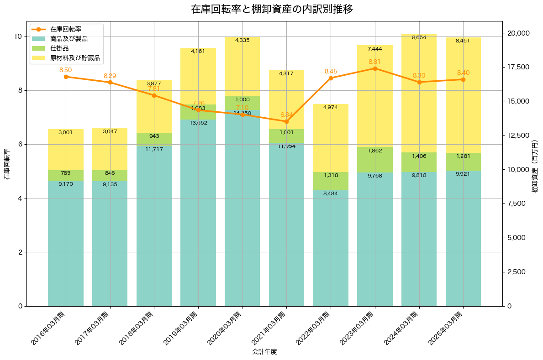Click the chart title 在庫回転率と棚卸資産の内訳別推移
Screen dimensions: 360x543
pyautogui.click(x=272, y=9)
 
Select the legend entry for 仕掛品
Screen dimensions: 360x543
pyautogui.click(x=59, y=48)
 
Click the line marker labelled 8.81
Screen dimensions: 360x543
pyautogui.click(x=375, y=68)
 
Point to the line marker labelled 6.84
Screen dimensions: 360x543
pyautogui.click(x=286, y=121)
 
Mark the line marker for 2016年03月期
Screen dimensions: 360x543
pyautogui.click(x=66, y=77)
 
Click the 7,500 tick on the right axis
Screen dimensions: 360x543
pyautogui.click(x=516, y=203)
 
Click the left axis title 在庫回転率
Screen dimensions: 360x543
pyautogui.click(x=6, y=164)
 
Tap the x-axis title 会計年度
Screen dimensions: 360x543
pyautogui.click(x=264, y=352)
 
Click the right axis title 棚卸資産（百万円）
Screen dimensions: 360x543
pyautogui.click(x=535, y=164)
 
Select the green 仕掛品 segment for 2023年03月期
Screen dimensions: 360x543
pyautogui.click(x=375, y=160)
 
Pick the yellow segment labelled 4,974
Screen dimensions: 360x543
pyautogui.click(x=331, y=138)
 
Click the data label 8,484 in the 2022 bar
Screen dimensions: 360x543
pyautogui.click(x=331, y=194)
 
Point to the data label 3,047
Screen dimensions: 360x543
pyautogui.click(x=110, y=131)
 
